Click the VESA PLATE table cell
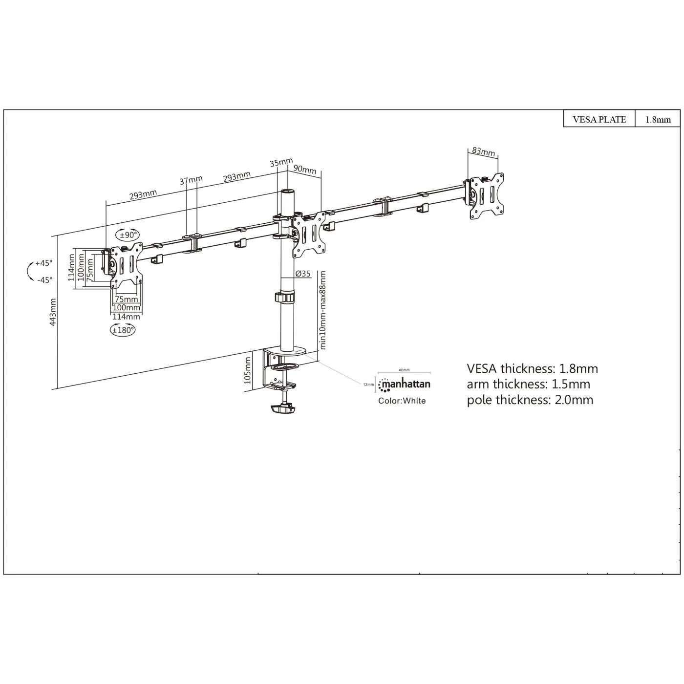pyautogui.click(x=599, y=119)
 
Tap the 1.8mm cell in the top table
pyautogui.click(x=658, y=119)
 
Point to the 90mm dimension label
pyautogui.click(x=305, y=169)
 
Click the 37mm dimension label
pyautogui.click(x=191, y=180)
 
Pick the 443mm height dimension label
pyautogui.click(x=53, y=312)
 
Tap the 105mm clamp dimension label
pyautogui.click(x=248, y=370)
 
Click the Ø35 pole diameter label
pyautogui.click(x=303, y=274)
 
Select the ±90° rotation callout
pyautogui.click(x=127, y=235)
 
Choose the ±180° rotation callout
pyautogui.click(x=123, y=330)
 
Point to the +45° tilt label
pyautogui.click(x=43, y=263)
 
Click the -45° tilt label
pyautogui.click(x=44, y=280)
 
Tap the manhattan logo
pyautogui.click(x=404, y=385)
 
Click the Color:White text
pyautogui.click(x=402, y=401)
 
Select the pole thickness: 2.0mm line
pyautogui.click(x=530, y=400)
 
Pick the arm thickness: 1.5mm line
pyautogui.click(x=528, y=384)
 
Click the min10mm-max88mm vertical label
pyautogui.click(x=322, y=310)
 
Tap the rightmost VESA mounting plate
pyautogui.click(x=487, y=196)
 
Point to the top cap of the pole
pyautogui.click(x=287, y=192)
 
